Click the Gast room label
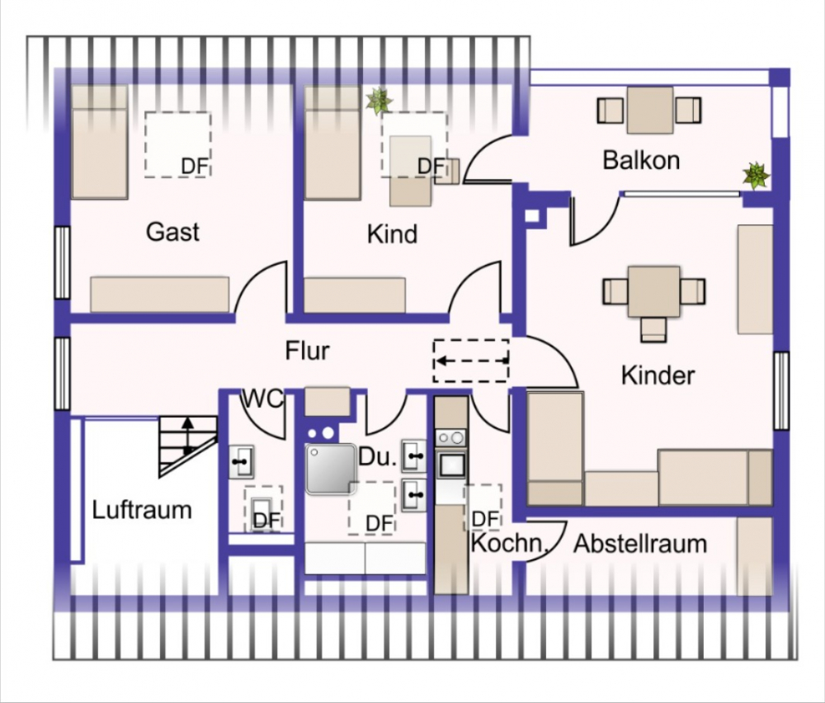click(172, 232)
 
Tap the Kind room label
click(392, 234)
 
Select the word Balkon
click(641, 159)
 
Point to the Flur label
click(308, 351)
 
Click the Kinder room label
click(658, 375)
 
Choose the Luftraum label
click(142, 509)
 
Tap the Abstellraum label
click(640, 544)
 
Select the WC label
click(262, 399)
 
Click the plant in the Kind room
click(379, 101)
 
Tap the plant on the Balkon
click(756, 175)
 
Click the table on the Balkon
click(649, 110)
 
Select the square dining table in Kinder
click(653, 291)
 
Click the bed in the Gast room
click(99, 142)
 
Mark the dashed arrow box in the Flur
click(471, 361)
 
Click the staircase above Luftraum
click(188, 442)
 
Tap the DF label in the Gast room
click(195, 167)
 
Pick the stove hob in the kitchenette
click(451, 437)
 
